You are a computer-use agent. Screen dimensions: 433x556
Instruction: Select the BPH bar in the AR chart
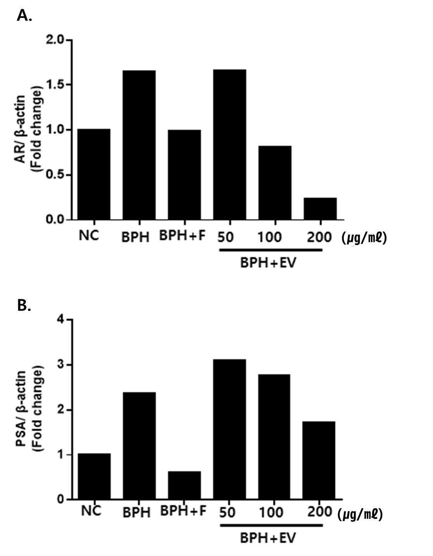click(x=139, y=145)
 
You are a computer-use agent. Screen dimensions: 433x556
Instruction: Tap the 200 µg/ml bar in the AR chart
click(x=320, y=209)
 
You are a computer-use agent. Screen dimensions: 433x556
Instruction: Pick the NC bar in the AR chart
click(x=94, y=174)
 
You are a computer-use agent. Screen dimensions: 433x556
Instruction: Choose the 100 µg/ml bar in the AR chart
click(x=275, y=183)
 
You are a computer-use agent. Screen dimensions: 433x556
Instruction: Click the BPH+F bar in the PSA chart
click(x=185, y=485)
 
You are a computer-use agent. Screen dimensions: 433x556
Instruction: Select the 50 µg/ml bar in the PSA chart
click(x=229, y=429)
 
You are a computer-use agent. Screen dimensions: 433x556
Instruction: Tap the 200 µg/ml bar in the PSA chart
click(x=319, y=460)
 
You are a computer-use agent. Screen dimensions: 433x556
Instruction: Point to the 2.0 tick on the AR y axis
click(x=67, y=40)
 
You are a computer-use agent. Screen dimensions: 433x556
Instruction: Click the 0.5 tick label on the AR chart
click(x=54, y=175)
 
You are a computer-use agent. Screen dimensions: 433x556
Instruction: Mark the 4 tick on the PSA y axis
click(x=67, y=319)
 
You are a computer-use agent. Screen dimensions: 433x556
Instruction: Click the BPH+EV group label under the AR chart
click(x=268, y=263)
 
